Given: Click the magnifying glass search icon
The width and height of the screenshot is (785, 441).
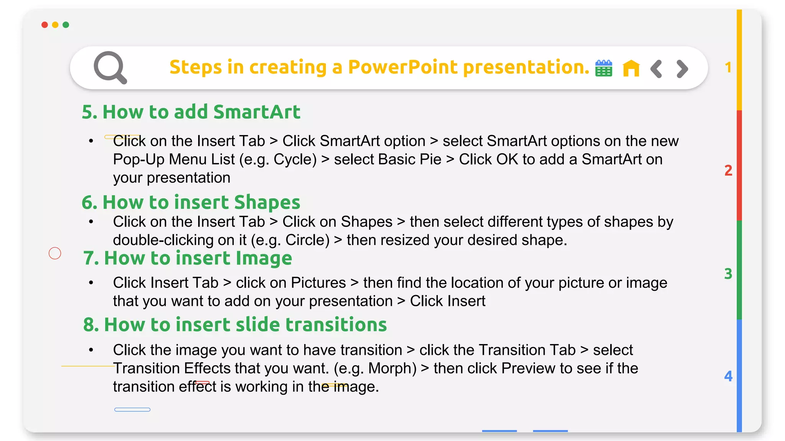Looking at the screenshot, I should click(x=110, y=67).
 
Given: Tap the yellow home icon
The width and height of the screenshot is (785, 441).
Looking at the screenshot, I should click(x=631, y=69).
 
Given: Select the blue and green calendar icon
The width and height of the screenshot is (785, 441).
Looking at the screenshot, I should click(x=604, y=69).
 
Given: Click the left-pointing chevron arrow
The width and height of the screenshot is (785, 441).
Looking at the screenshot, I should click(x=656, y=69).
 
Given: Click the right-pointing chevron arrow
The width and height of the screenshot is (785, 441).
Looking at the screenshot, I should click(x=682, y=69).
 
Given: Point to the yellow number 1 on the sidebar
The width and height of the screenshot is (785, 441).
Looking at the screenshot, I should click(x=728, y=68).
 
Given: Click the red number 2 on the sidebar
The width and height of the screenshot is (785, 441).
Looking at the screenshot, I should click(x=728, y=170).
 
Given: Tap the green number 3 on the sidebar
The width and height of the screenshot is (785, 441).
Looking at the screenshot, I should click(x=728, y=274).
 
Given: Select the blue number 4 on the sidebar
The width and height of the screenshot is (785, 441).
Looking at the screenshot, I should click(x=728, y=376).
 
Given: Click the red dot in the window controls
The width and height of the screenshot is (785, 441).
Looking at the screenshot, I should click(x=44, y=25).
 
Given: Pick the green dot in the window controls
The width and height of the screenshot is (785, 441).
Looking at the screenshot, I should click(x=66, y=25).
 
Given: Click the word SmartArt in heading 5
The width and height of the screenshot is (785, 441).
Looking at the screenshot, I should click(x=256, y=112).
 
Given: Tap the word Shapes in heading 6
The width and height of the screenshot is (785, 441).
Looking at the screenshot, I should click(x=267, y=202).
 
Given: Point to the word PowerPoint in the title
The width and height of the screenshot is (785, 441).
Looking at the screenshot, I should click(x=402, y=67).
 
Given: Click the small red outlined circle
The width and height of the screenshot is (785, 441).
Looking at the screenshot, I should click(x=55, y=253).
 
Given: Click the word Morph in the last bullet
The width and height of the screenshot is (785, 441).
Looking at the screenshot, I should click(x=392, y=368).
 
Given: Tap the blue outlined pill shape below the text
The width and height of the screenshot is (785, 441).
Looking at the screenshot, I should click(x=132, y=410).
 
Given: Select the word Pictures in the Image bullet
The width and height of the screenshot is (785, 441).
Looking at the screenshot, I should click(x=318, y=283).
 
